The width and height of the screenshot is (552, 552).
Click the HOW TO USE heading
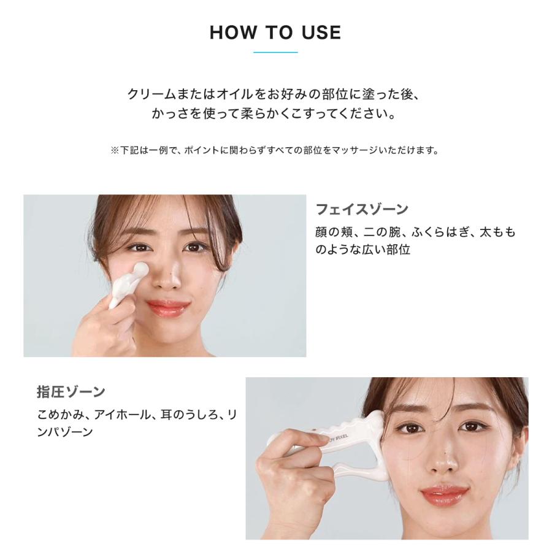point(275,32)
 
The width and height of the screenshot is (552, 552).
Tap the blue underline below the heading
point(275,52)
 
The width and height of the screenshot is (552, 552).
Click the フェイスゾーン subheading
point(362,210)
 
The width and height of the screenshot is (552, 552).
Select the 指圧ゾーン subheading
point(71,391)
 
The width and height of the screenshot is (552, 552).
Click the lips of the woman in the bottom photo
point(445,494)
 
